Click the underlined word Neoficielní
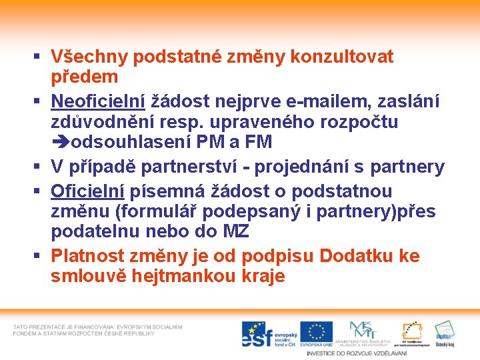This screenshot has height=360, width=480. [98, 101]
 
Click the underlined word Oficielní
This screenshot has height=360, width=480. [87, 191]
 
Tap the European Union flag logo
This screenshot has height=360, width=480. [316, 332]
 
